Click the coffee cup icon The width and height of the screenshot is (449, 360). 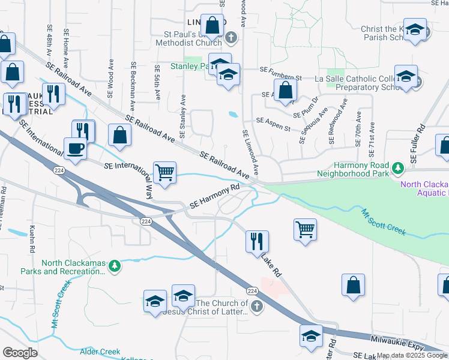click(x=75, y=148)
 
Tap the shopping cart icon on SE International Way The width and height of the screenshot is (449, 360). click(x=164, y=173)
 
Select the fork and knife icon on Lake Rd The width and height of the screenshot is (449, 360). click(x=257, y=241)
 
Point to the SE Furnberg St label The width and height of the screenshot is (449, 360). click(x=280, y=71)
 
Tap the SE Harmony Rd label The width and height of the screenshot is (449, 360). click(x=214, y=196)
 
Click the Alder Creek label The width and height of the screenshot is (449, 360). click(x=100, y=352)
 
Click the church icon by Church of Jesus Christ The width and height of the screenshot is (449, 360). click(x=256, y=307)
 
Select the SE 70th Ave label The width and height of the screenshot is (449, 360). click(x=358, y=127)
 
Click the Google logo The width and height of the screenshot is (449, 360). click(x=20, y=353)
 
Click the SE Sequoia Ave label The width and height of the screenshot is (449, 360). click(x=313, y=126)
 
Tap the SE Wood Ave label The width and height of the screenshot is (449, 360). click(x=110, y=78)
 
